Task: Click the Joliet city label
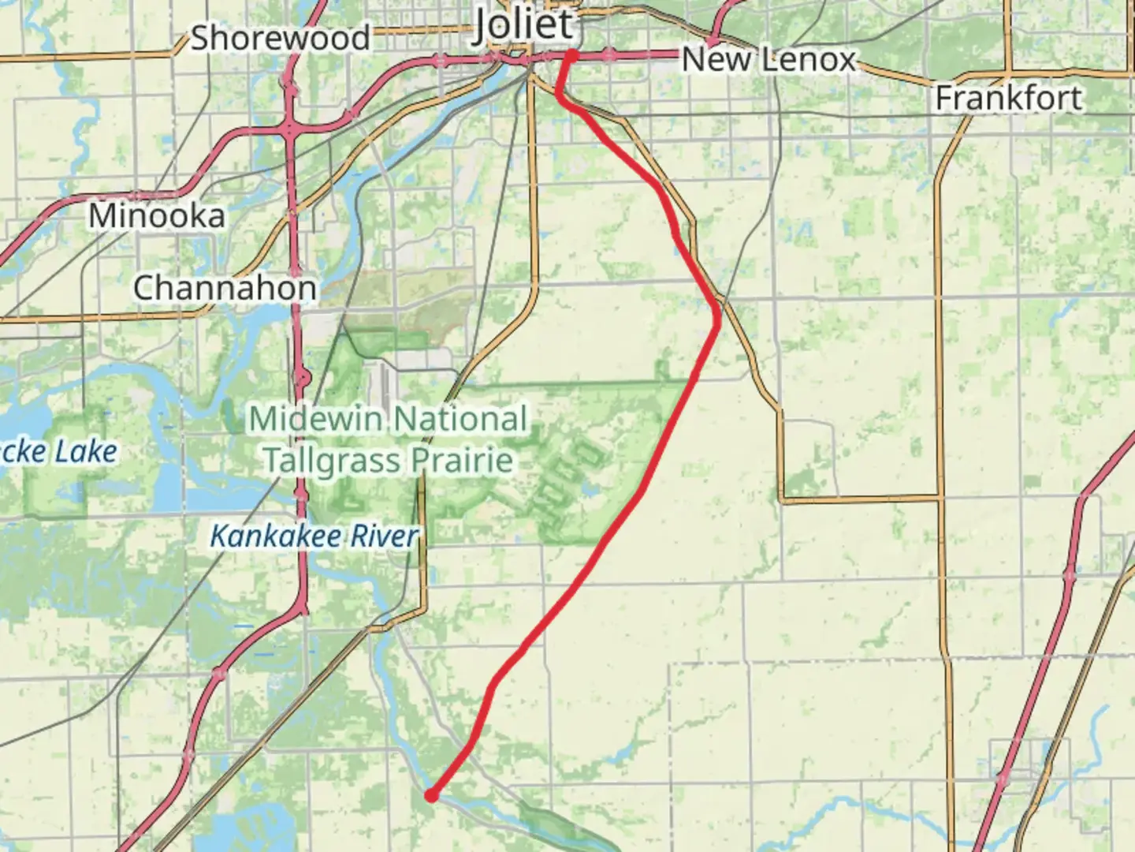click(523, 25)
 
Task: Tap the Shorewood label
click(280, 38)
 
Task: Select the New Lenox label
click(768, 60)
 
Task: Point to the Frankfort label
click(1008, 99)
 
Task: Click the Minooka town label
click(156, 215)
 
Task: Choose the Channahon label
click(225, 288)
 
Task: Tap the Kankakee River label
click(314, 536)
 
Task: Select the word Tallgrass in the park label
click(340, 460)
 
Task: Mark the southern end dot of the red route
click(431, 795)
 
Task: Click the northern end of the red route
click(571, 54)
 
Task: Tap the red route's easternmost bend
click(717, 318)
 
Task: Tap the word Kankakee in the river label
click(277, 536)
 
